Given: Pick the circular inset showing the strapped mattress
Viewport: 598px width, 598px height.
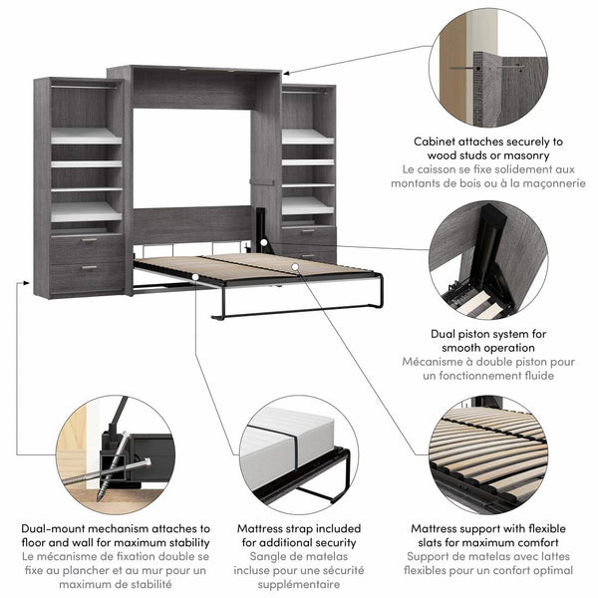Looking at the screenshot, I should [x=296, y=452].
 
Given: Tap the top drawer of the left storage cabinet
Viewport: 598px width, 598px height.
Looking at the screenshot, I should [x=88, y=248].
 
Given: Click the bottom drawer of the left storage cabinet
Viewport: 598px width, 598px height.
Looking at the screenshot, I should [x=88, y=274].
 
